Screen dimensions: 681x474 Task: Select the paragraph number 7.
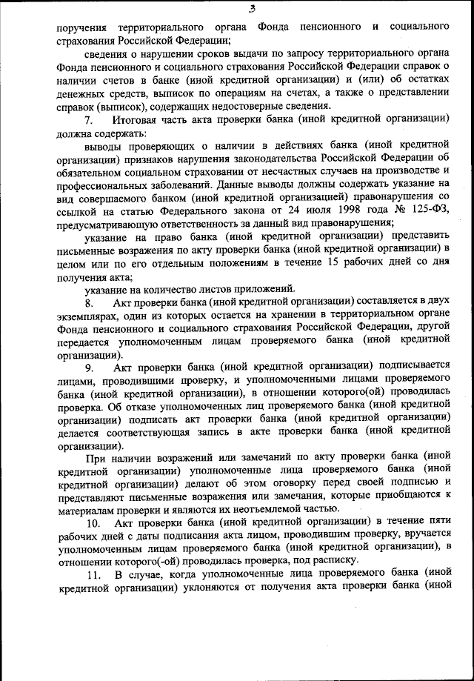[89, 119]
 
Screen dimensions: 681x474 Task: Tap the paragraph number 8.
[89, 302]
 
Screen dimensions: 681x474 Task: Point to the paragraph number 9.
[89, 365]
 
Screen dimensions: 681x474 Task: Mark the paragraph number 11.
[92, 574]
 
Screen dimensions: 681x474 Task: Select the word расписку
[333, 561]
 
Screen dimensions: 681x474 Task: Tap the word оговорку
[287, 482]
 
